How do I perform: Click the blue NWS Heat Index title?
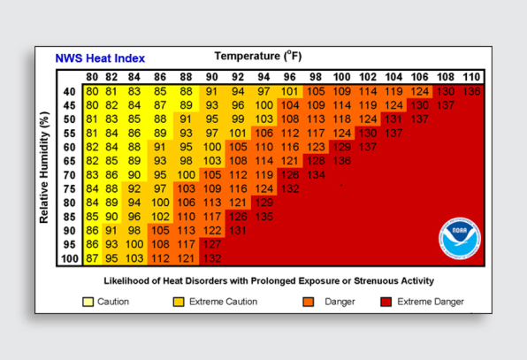[100, 58]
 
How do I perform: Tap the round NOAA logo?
[460, 238]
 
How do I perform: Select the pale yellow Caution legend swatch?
[88, 302]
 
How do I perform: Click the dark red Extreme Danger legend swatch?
[386, 302]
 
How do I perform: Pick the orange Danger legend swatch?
[309, 302]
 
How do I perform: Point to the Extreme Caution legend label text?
[223, 302]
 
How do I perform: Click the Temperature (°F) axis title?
[258, 56]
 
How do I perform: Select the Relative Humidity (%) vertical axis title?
[44, 167]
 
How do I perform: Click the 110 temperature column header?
[471, 77]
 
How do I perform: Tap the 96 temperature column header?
[289, 77]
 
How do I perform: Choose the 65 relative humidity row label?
[70, 161]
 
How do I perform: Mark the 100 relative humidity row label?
[70, 258]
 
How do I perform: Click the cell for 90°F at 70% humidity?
[212, 175]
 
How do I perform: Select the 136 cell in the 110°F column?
[471, 91]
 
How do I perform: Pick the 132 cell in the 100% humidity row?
[212, 258]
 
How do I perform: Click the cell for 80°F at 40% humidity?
[92, 91]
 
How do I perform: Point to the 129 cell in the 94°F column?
[263, 203]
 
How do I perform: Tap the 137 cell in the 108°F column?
[446, 105]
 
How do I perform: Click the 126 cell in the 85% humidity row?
[238, 217]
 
